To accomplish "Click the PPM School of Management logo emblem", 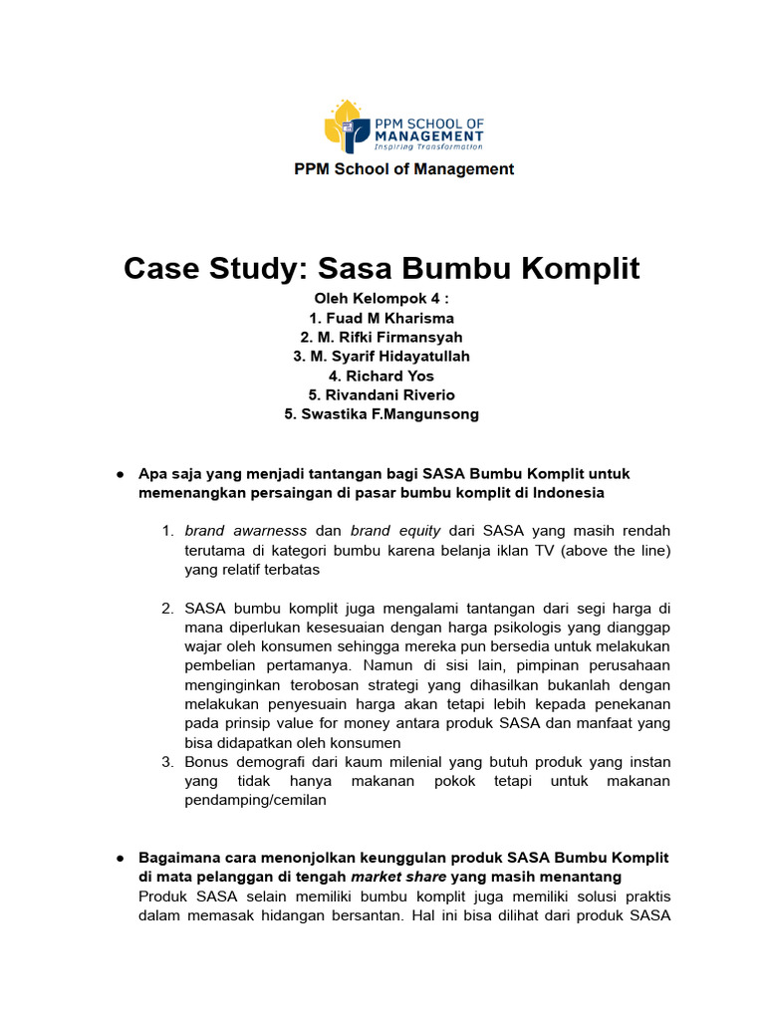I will click(346, 127).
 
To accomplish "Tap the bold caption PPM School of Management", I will click(403, 169).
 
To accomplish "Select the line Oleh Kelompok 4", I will click(382, 298).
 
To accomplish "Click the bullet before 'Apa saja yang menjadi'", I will click(119, 474).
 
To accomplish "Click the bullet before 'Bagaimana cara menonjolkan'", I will click(119, 858).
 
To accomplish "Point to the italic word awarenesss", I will click(266, 531).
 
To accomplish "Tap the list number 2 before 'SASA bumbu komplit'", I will click(168, 608).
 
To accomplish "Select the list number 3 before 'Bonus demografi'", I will click(168, 762).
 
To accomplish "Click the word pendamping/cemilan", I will click(255, 800).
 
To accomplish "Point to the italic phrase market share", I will click(398, 877).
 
